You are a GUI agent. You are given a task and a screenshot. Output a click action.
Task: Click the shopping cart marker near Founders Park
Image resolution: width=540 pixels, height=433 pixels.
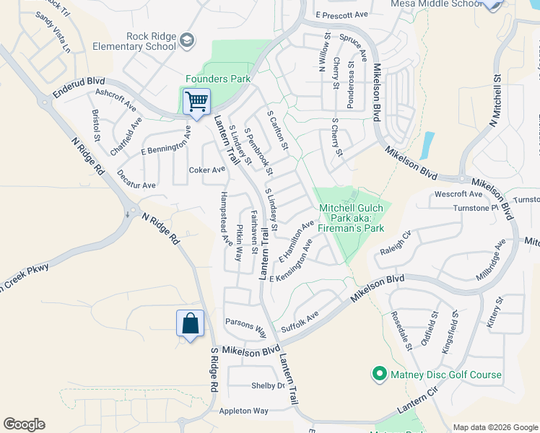(x=196, y=102)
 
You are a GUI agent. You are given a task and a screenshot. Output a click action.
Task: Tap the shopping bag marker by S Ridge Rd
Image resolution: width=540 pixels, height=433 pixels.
(x=190, y=324)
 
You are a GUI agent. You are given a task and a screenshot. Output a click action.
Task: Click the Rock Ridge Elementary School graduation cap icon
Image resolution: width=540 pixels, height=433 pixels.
(x=188, y=39)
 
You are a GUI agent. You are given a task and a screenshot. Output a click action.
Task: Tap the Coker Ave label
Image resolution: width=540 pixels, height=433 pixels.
(x=206, y=170)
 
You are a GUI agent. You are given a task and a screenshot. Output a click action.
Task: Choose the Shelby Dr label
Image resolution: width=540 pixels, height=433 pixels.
(x=268, y=385)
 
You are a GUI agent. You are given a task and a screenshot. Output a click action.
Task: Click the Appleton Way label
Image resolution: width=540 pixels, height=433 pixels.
(x=244, y=411)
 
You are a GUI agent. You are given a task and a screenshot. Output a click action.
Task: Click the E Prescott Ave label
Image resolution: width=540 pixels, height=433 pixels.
(x=342, y=14)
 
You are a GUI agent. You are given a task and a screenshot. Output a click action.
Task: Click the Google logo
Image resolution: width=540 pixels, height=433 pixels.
(x=24, y=424)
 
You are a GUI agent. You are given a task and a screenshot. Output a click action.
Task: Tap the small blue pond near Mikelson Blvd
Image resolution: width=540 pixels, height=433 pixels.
(x=428, y=145)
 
